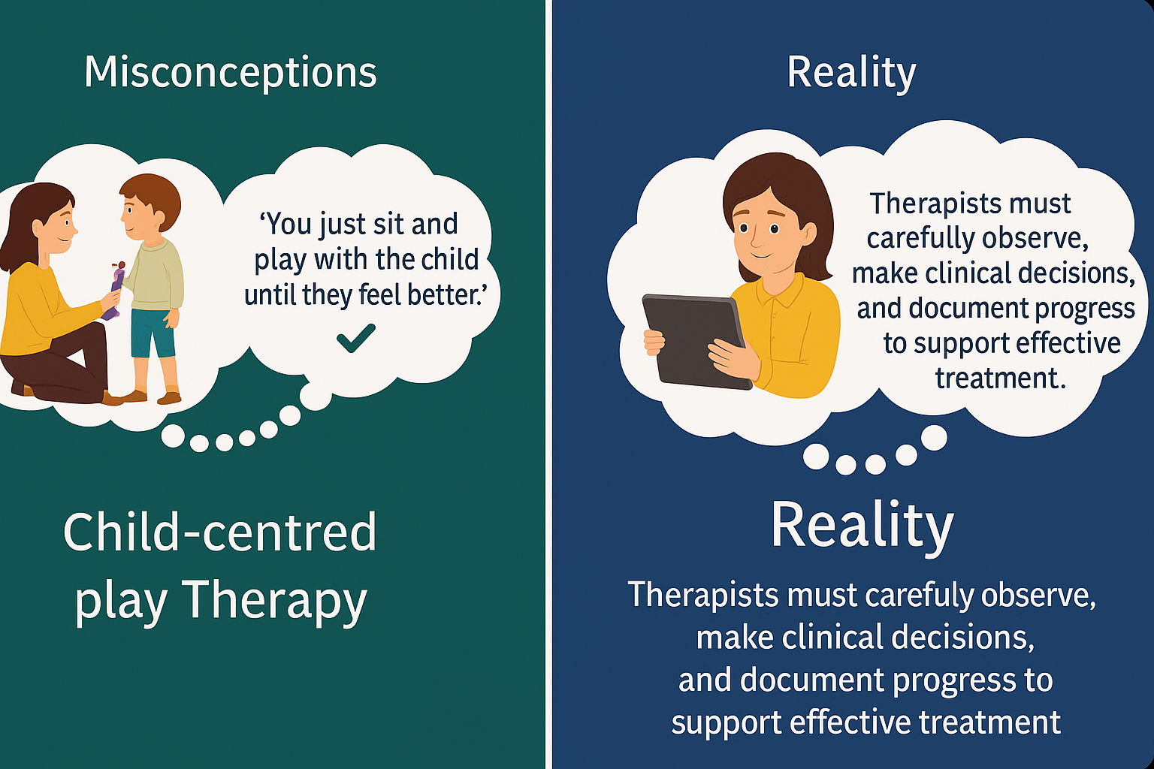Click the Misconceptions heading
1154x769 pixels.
[x=230, y=73]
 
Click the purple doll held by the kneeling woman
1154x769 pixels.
[x=115, y=289]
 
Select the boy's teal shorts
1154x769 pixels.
[x=153, y=333]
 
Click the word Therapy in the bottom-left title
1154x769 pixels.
[x=273, y=600]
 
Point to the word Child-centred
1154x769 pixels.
[x=219, y=532]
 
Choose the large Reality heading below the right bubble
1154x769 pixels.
[x=862, y=525]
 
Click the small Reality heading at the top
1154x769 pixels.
[x=851, y=73]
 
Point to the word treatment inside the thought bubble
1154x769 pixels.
[x=999, y=378]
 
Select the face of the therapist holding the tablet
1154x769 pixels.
[x=766, y=225]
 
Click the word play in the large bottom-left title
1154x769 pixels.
[x=121, y=602]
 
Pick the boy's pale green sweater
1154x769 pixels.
[x=158, y=274]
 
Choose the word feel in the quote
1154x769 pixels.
[x=380, y=294]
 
